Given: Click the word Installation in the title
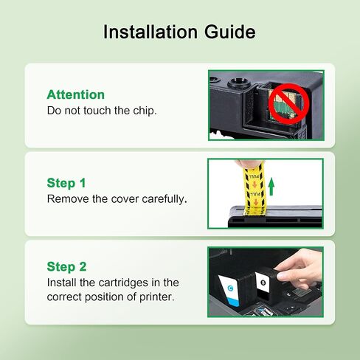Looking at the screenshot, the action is click(150, 32).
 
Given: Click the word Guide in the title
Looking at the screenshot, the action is click(230, 32).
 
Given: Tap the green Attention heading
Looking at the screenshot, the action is click(76, 94).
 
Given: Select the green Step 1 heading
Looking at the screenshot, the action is click(66, 184).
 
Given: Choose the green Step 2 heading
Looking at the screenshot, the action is click(66, 267).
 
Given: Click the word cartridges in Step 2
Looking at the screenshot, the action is click(123, 283).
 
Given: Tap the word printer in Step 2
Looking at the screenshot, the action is click(157, 297).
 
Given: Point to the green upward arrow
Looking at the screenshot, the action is click(271, 187).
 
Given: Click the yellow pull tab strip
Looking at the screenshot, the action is click(255, 190).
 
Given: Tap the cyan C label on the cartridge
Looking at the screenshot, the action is click(230, 288).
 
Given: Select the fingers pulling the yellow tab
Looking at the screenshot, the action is click(249, 164).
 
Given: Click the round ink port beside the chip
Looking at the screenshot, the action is click(239, 82).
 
